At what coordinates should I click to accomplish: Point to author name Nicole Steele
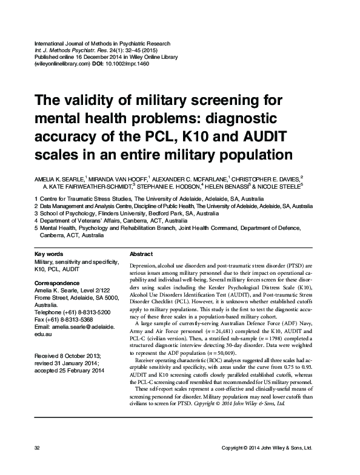point(286,187)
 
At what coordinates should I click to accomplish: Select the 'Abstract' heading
point(142,254)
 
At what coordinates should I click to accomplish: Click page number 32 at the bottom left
point(38,465)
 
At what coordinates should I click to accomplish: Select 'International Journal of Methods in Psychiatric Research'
point(102,44)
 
